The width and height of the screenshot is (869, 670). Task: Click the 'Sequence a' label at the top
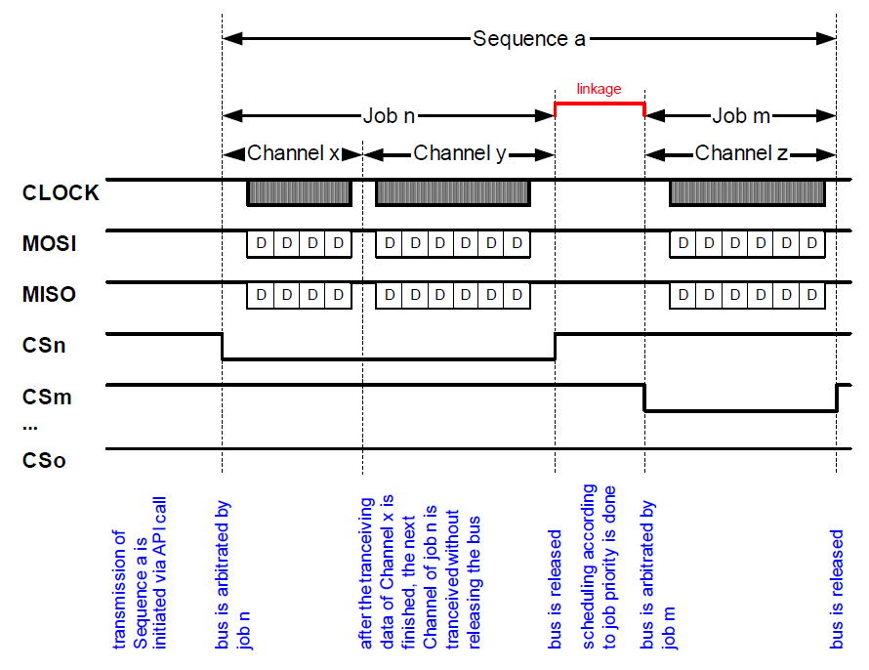coord(528,39)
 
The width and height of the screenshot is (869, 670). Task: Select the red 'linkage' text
coord(599,89)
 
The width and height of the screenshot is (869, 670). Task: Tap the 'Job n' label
coord(389,116)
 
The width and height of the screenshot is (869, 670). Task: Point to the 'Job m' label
coord(741,116)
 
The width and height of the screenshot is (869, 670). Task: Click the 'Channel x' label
coord(293,153)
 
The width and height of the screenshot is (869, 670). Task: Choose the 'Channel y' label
coord(460,153)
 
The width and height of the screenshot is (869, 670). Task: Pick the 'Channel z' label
coord(741,153)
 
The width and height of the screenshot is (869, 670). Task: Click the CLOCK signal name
coord(61,192)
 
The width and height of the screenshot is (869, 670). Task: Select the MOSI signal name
coord(49,244)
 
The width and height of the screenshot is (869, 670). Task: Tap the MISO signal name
coord(49,294)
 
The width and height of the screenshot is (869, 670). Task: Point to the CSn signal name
coord(44,345)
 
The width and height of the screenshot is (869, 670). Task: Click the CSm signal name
coord(47,397)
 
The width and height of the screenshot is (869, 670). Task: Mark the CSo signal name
coord(44,461)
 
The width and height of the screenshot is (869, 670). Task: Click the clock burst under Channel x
coord(300,192)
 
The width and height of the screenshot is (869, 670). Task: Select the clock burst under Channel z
coord(747,192)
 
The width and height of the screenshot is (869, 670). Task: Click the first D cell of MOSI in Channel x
coord(261,243)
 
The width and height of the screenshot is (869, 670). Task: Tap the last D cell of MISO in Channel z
coord(812,294)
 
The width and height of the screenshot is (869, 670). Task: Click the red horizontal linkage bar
coord(600,104)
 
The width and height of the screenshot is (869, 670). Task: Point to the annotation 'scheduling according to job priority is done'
coord(600,566)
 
